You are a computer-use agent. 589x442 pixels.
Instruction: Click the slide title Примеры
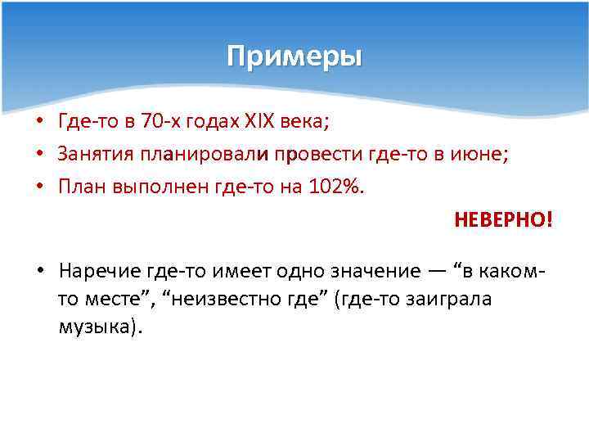(294, 57)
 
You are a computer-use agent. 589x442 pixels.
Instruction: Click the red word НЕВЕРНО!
(503, 220)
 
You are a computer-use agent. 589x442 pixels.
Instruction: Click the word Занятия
(90, 154)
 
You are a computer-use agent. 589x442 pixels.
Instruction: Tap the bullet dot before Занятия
(40, 155)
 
